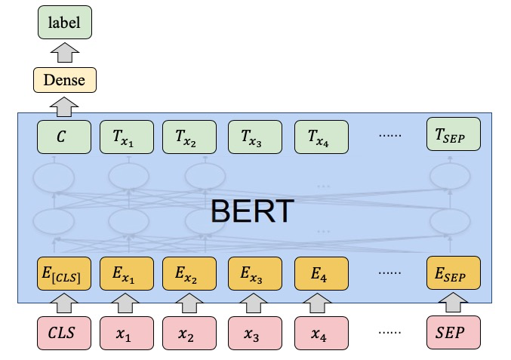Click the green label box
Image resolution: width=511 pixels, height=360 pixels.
(65, 22)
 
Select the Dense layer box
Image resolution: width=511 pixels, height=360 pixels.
(65, 80)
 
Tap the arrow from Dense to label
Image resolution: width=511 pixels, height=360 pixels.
(65, 52)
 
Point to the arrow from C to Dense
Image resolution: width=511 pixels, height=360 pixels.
(64, 106)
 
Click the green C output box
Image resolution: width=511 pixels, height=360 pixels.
(64, 137)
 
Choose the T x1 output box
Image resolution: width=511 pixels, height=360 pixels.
(127, 137)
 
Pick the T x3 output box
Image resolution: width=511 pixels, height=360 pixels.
(255, 137)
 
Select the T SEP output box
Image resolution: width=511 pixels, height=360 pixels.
(454, 134)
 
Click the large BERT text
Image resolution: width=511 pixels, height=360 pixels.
(253, 211)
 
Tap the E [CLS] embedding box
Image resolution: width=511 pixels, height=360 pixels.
(64, 273)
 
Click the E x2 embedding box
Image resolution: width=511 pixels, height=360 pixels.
(189, 273)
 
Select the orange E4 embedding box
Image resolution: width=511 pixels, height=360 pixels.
(322, 273)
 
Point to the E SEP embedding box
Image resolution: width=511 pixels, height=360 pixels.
(454, 272)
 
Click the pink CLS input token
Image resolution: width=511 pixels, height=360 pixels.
(64, 333)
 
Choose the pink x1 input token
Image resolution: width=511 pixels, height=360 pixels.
(127, 333)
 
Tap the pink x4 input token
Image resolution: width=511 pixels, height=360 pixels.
(322, 333)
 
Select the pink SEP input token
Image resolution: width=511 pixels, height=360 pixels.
(454, 332)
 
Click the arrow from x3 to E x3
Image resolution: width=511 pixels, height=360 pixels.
(254, 303)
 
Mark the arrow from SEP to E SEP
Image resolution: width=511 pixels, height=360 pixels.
(453, 303)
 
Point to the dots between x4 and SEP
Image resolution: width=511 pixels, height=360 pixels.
(389, 332)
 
